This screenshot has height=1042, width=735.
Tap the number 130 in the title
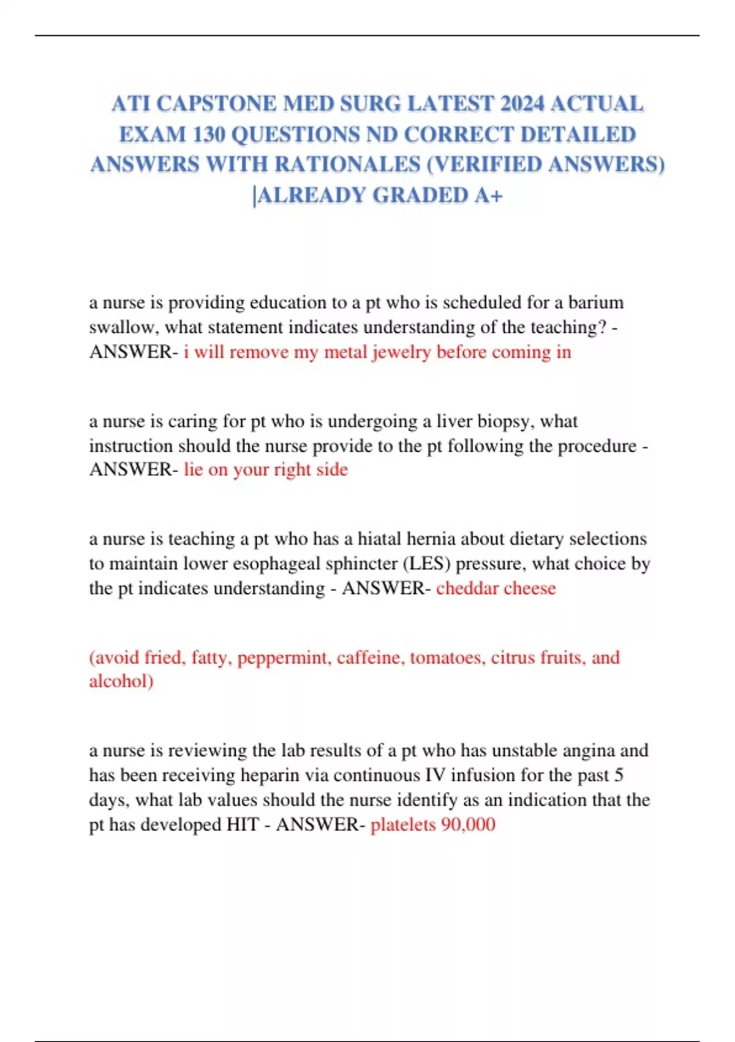coord(208,134)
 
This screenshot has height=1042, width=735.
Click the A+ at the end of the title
coord(489,196)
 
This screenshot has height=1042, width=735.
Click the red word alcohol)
coord(121,682)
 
